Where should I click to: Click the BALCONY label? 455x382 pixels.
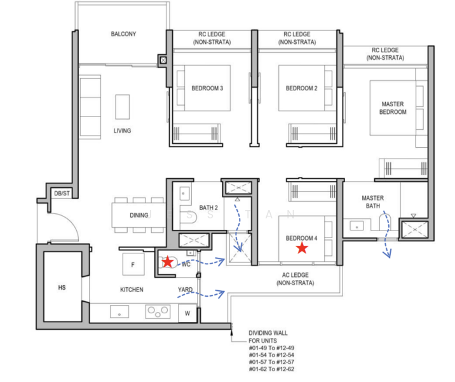[123, 34]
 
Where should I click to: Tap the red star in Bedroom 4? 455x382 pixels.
[302, 248]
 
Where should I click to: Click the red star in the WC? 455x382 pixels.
[168, 262]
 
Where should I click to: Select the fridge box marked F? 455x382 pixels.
[133, 264]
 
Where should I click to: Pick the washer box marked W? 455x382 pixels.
[187, 313]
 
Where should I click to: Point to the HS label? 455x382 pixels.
[62, 288]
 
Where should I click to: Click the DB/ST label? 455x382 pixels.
[62, 194]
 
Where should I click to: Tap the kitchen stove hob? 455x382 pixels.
[158, 311]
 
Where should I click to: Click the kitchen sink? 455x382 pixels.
[119, 311]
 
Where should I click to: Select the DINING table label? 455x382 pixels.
[139, 215]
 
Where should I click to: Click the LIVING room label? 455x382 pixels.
[122, 131]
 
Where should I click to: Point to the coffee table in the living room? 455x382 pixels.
[122, 107]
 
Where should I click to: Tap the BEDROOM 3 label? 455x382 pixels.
[207, 88]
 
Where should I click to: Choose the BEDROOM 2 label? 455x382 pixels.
[301, 88]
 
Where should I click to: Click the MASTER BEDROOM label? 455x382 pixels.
[393, 108]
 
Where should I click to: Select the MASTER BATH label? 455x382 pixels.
[372, 202]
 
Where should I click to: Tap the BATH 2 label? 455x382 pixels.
[208, 208]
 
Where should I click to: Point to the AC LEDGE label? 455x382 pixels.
[295, 279]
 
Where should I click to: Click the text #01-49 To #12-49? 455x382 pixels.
[271, 348]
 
